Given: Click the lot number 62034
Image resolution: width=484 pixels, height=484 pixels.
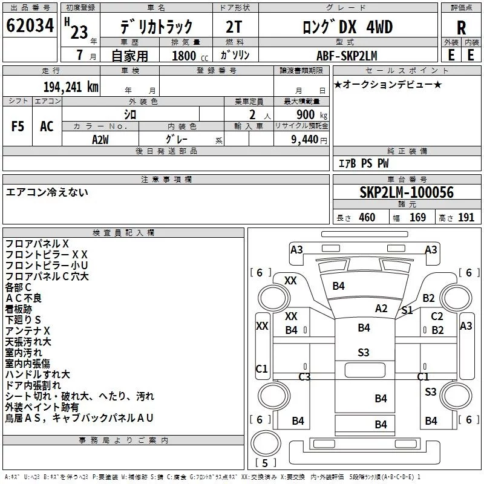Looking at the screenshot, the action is pyautogui.click(x=30, y=25).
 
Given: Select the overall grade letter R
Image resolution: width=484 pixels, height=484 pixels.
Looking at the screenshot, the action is pyautogui.click(x=461, y=28).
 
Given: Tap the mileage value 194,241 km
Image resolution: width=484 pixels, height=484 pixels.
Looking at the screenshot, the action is pyautogui.click(x=71, y=87).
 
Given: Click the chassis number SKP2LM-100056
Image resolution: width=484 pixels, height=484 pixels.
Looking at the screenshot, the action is pyautogui.click(x=407, y=192).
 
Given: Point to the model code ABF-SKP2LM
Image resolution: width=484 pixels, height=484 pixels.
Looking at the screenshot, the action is pyautogui.click(x=347, y=56).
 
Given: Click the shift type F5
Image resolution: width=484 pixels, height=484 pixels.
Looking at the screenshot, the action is pyautogui.click(x=18, y=126).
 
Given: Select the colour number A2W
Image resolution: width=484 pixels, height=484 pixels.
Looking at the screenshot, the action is pyautogui.click(x=100, y=140).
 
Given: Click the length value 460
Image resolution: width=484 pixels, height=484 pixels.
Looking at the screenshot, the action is pyautogui.click(x=367, y=217).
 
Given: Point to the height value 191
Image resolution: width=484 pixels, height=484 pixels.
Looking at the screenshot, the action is pyautogui.click(x=466, y=217).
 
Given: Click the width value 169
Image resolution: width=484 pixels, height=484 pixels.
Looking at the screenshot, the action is pyautogui.click(x=417, y=217).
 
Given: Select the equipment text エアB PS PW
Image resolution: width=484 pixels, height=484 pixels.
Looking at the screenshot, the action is pyautogui.click(x=364, y=163).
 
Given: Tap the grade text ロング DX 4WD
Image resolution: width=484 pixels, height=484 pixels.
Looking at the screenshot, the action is pyautogui.click(x=347, y=27).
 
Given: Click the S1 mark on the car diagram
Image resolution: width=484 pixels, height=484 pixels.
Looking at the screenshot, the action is pyautogui.click(x=407, y=310).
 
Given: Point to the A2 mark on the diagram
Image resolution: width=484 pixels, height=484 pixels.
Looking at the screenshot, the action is pyautogui.click(x=381, y=309).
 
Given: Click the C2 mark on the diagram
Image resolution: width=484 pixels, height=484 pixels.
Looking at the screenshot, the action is pyautogui.click(x=437, y=316).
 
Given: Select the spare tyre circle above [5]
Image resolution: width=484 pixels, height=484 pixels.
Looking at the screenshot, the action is pyautogui.click(x=266, y=443).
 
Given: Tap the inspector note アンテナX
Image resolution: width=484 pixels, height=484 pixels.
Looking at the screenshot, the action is pyautogui.click(x=27, y=331).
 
